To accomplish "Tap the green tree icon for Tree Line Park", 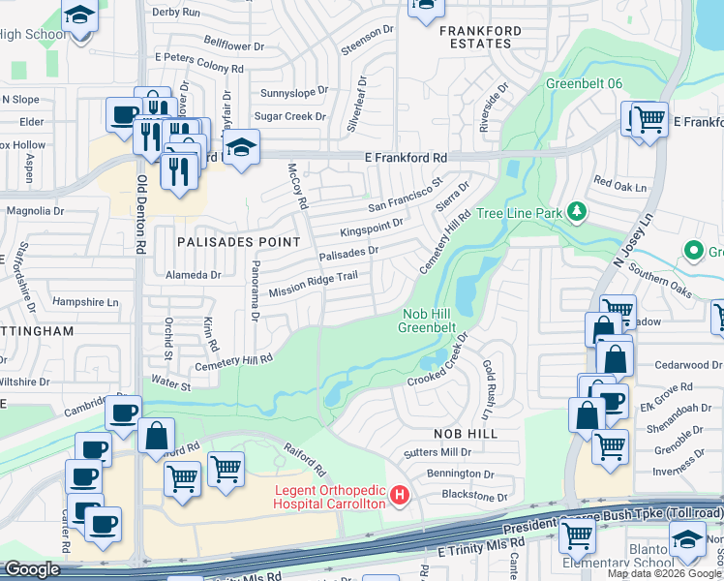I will point(576,211).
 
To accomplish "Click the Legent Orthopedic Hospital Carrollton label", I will point(329,496).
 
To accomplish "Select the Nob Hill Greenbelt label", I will point(427,320).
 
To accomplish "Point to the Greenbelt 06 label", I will point(583,83).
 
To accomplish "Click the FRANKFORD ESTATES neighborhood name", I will point(480,37).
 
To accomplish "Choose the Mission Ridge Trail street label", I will point(314,284).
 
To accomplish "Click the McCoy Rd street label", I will point(297,186).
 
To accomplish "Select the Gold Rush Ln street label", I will point(491,377).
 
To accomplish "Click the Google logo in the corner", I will point(32,569).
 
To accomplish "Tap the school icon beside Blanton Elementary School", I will point(687,539).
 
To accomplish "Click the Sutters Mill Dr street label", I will point(438,452).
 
